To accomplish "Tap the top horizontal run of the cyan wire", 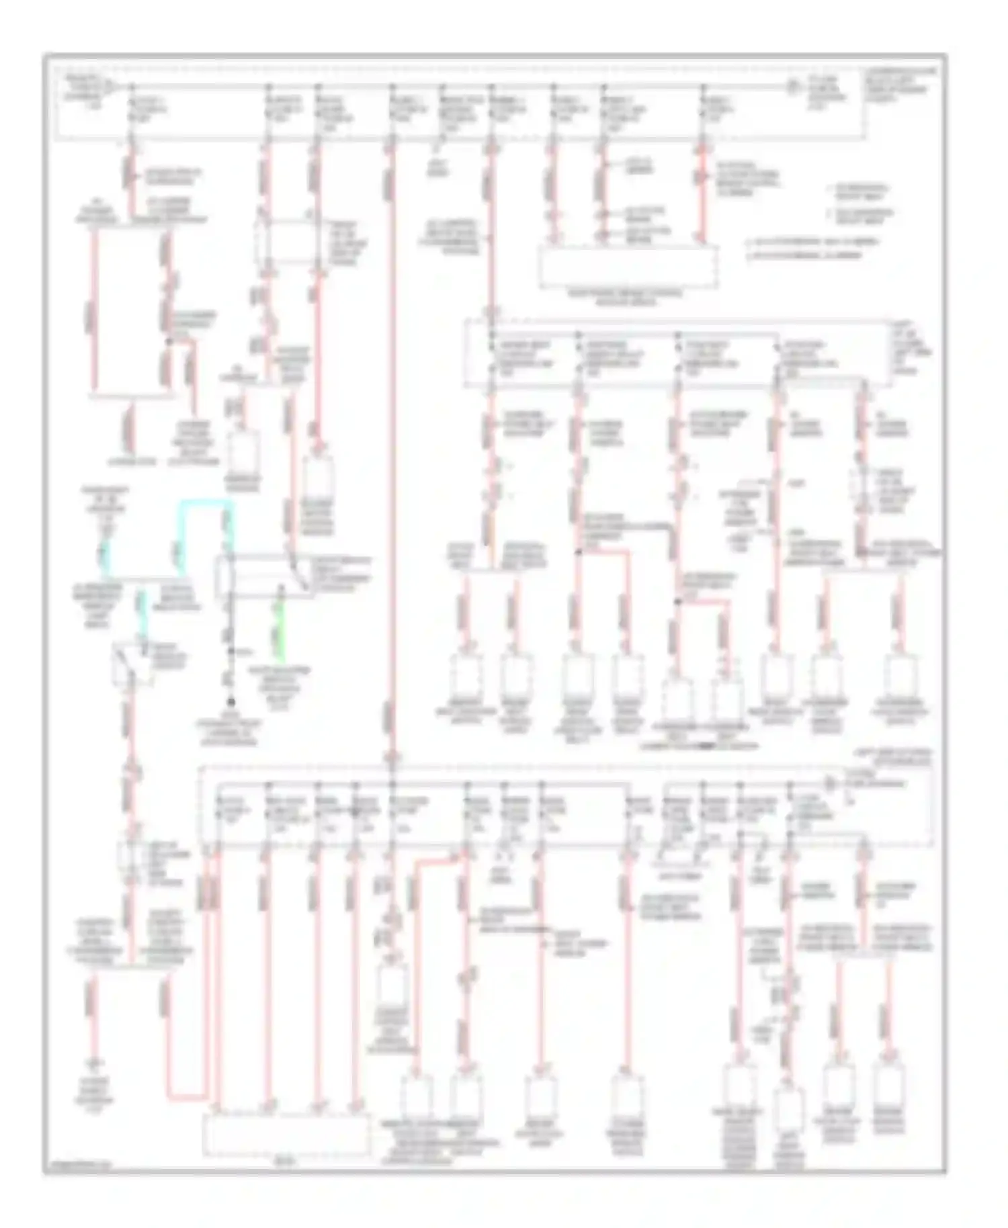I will [x=204, y=502].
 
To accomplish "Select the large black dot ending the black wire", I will [x=230, y=701].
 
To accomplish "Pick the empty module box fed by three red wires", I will [x=628, y=267].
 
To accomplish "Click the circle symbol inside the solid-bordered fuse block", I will [x=792, y=87].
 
